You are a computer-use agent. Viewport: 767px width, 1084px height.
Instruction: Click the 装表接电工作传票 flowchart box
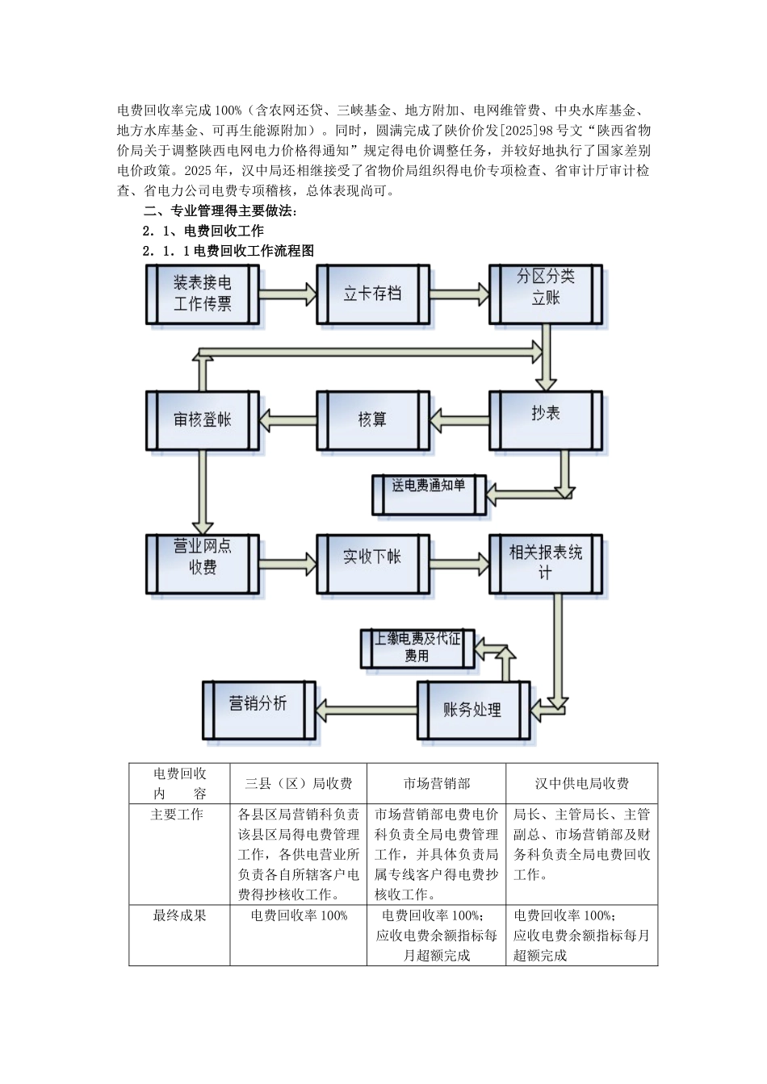[x=203, y=294]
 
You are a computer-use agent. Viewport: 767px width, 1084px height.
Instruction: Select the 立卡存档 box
[x=372, y=294]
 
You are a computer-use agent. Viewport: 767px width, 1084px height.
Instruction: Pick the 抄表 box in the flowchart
[x=546, y=415]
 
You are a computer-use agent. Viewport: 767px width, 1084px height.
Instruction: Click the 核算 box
[x=372, y=419]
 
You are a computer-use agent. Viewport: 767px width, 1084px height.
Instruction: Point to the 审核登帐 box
[x=202, y=419]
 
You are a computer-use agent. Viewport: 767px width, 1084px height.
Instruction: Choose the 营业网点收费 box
[x=203, y=557]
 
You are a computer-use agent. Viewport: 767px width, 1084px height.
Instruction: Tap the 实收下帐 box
[x=372, y=557]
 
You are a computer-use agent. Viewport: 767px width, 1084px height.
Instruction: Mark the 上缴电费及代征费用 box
[x=417, y=648]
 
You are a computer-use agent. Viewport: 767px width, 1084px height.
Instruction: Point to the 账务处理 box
[x=472, y=710]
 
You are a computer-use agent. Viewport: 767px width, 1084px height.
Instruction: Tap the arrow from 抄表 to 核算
[x=459, y=416]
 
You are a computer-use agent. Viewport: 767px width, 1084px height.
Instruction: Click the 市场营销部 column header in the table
[x=437, y=783]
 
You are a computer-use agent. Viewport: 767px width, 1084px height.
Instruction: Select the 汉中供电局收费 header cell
[x=582, y=783]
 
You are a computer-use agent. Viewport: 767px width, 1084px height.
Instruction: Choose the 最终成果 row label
[x=179, y=915]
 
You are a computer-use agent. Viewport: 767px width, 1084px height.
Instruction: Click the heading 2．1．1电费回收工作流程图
[x=228, y=251]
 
